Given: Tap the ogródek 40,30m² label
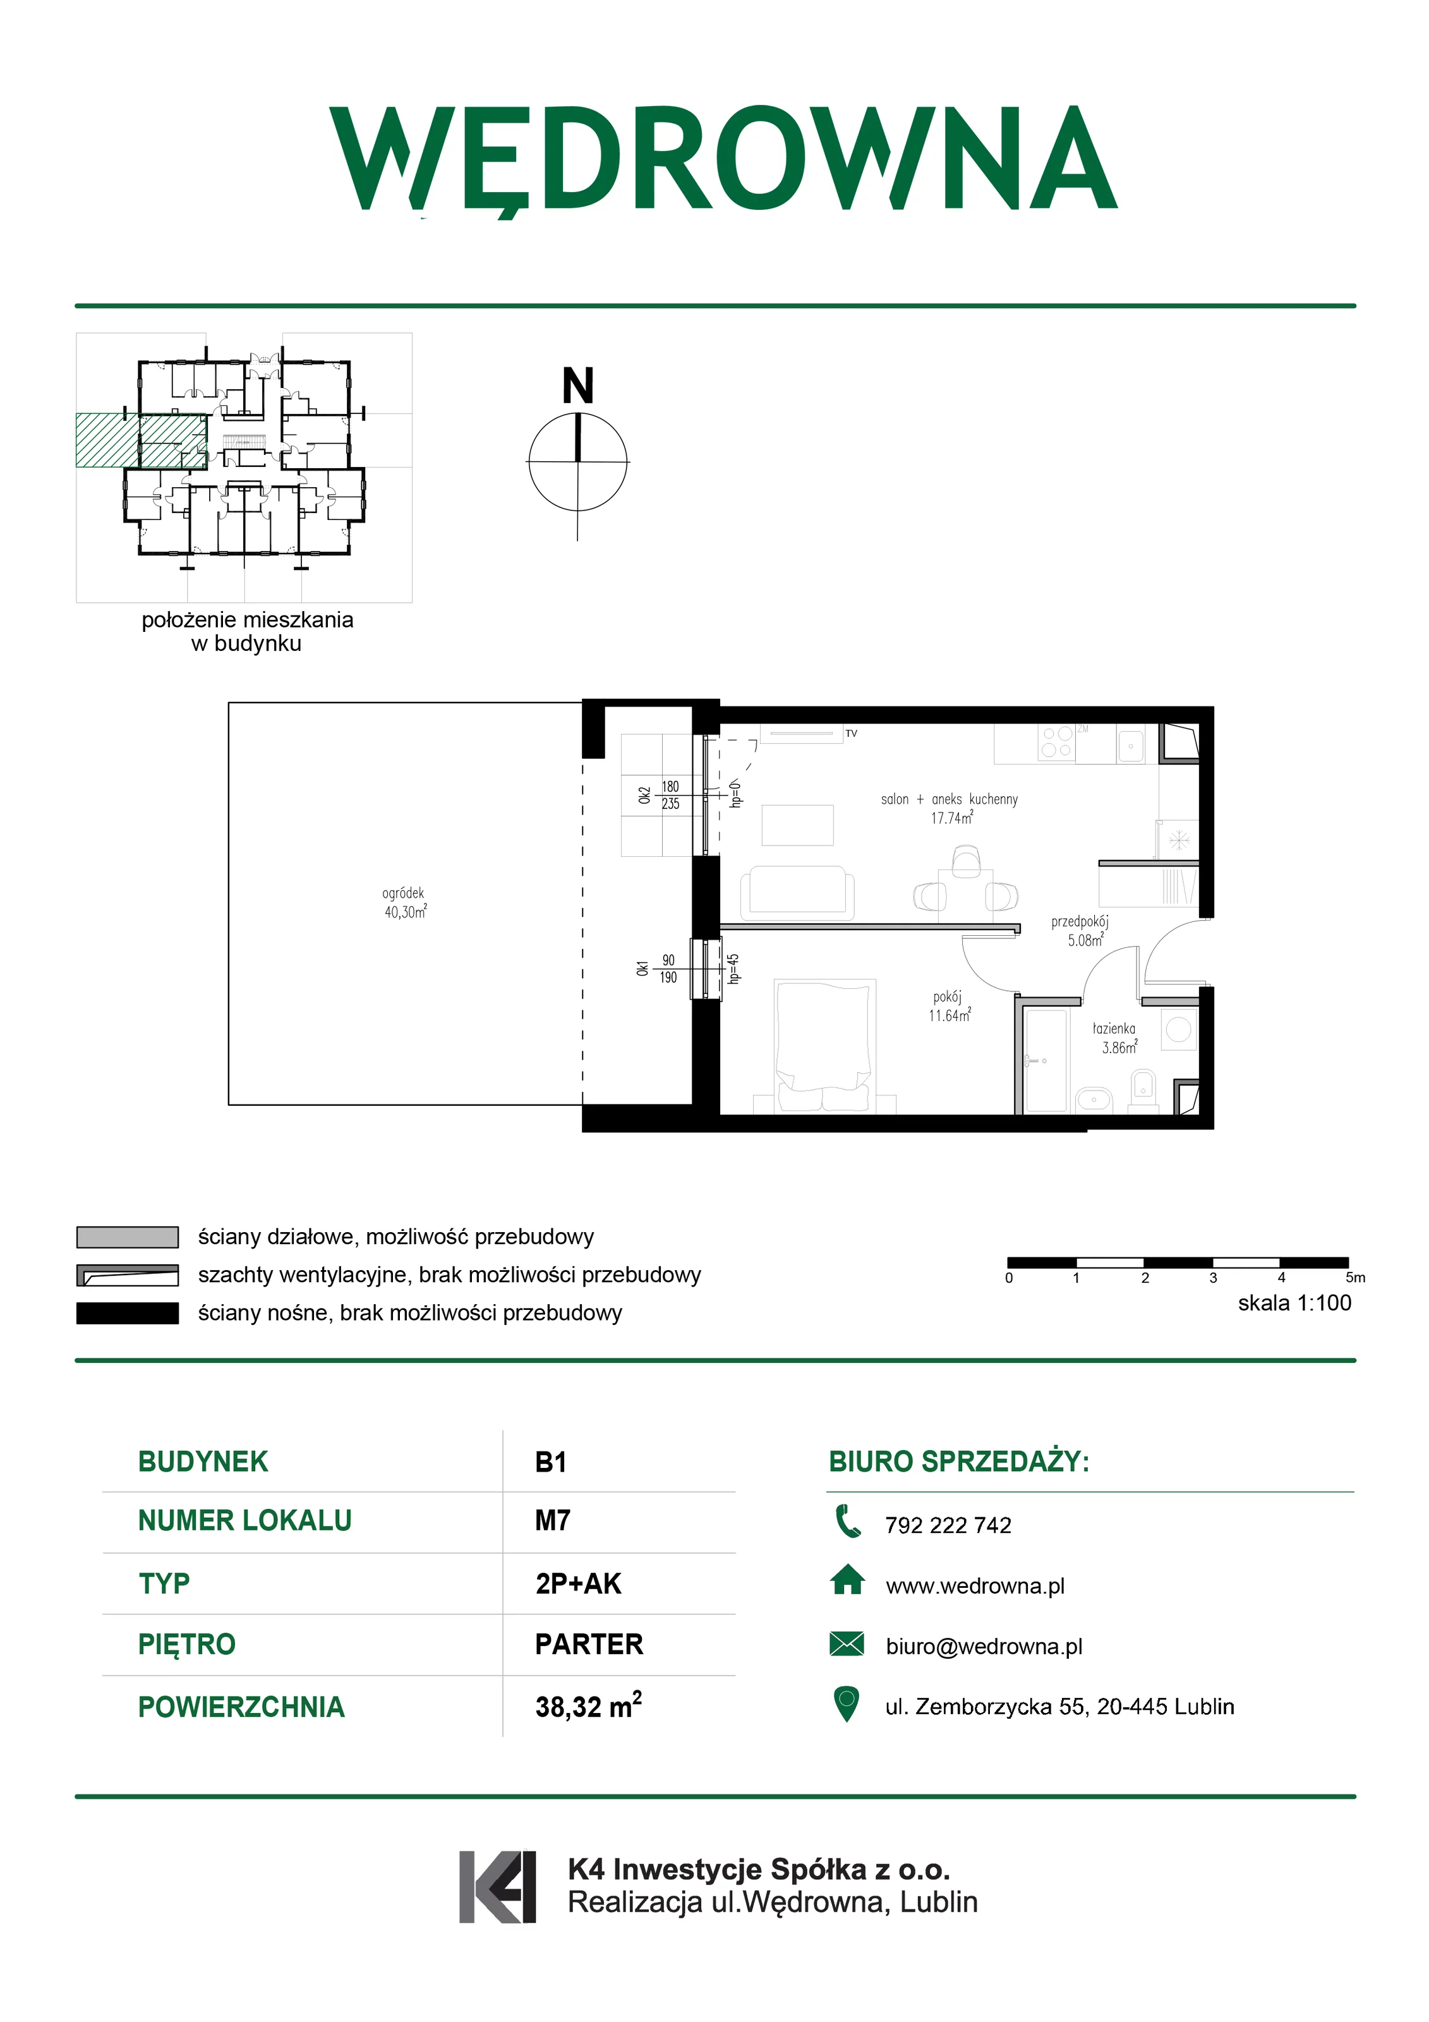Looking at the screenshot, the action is coord(404,903).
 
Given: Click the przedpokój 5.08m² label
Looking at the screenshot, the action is coord(1080,931).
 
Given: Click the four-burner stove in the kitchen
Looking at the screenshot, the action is coord(1056,742).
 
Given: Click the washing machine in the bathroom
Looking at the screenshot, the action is coord(1179,1029).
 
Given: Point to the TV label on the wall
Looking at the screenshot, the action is coord(852,733).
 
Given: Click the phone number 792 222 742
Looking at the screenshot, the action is coord(948,1525).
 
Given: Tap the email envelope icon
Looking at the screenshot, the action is coord(847,1644).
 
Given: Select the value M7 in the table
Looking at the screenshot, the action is coord(553,1521).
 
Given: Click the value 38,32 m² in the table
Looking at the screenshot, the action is coord(589,1706).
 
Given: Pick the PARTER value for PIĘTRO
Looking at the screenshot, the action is coord(589,1644).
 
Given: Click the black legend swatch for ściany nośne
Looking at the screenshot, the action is coord(128,1313).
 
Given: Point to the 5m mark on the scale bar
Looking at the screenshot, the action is coord(1355,1278).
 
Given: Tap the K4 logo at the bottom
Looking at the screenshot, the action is coord(497,1886).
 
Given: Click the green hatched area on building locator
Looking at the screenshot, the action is coord(141,439).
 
